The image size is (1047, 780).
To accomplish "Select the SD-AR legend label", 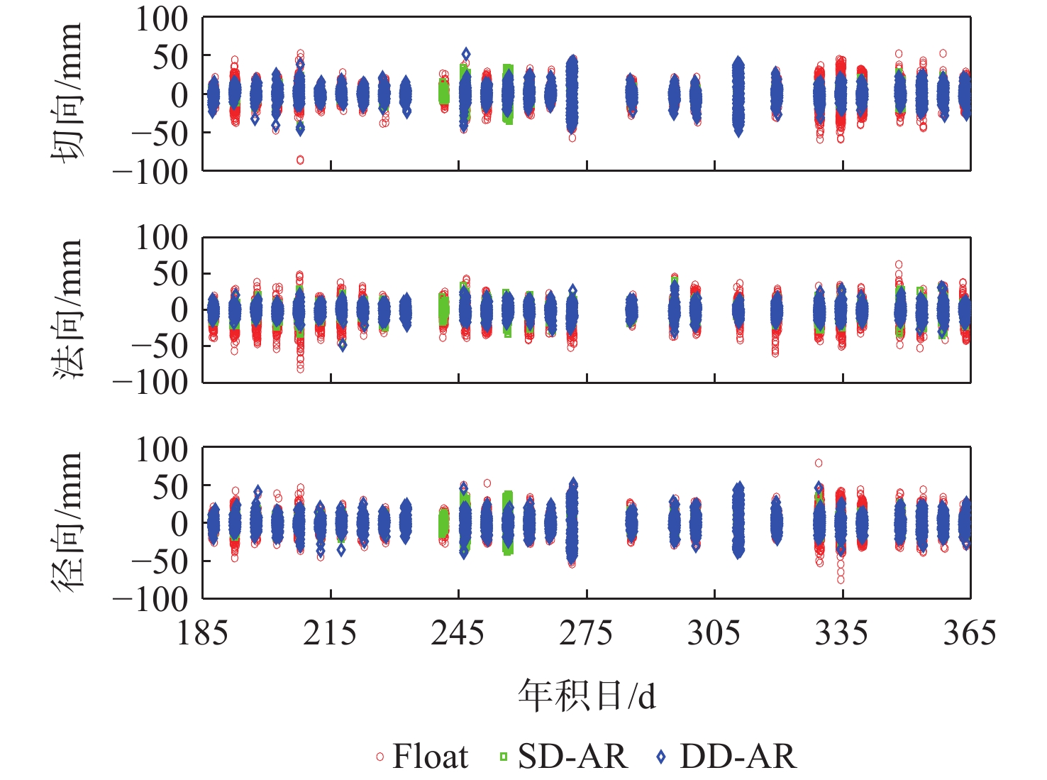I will coord(572,757).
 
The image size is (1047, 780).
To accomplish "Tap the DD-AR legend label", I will coord(738,757).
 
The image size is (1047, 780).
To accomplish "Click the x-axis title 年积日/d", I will coord(587,696).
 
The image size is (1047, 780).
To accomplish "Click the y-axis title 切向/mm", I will coord(67,94).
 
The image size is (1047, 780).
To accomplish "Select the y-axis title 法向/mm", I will coord(67,309).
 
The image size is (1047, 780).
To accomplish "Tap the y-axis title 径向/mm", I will coord(67,522).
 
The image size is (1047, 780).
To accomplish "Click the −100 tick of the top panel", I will coord(151,171).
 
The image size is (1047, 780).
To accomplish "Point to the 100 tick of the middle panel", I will coord(162,238).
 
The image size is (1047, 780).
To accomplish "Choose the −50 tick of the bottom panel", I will coord(158,561).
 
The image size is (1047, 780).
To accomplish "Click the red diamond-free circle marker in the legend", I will coord(380,757).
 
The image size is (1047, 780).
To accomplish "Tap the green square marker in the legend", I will coord(504,757).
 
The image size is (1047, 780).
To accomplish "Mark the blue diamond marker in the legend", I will coord(661,757).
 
